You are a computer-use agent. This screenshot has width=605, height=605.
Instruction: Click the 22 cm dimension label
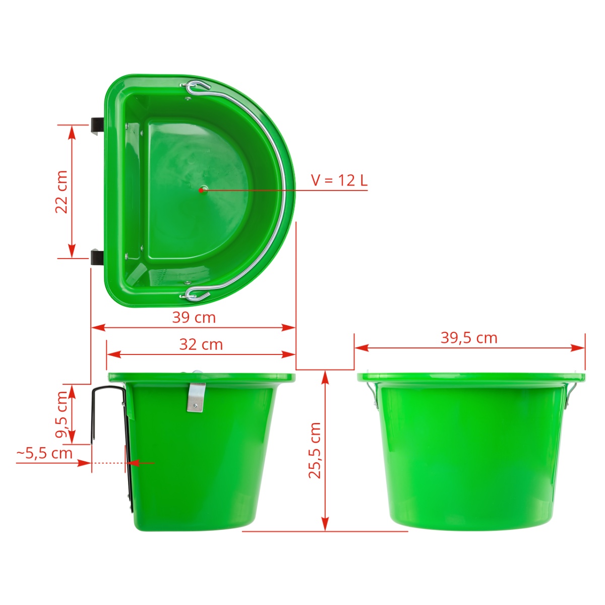(x=62, y=192)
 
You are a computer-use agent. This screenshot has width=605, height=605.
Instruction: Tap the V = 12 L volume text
(x=339, y=180)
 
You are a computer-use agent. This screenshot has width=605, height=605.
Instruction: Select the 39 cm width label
(x=194, y=318)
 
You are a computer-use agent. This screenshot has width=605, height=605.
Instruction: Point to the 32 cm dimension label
(x=201, y=344)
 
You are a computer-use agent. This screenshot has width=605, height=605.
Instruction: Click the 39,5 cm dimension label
(x=469, y=338)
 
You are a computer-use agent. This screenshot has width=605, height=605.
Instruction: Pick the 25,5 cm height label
(x=315, y=451)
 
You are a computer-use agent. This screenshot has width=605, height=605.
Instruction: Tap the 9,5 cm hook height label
(x=62, y=414)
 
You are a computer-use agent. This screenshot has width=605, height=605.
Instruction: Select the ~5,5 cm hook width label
(x=44, y=453)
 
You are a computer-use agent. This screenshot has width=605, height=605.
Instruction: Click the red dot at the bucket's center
(x=201, y=190)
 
